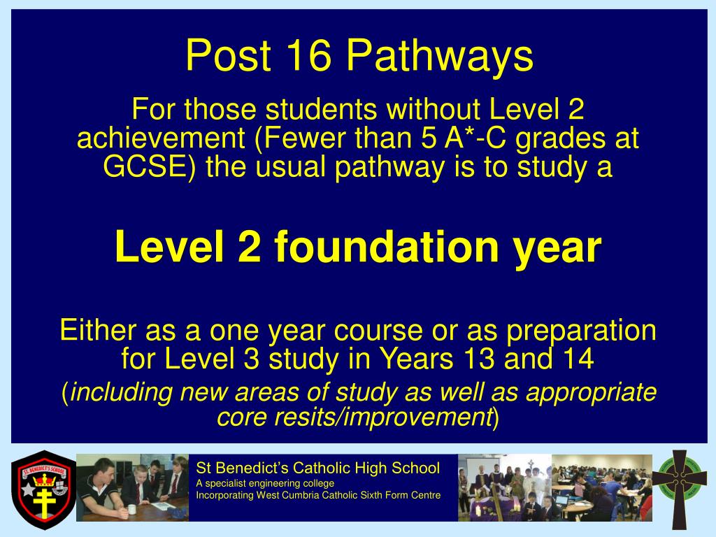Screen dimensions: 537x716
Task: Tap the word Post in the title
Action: click(228, 57)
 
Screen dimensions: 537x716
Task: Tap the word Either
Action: click(99, 330)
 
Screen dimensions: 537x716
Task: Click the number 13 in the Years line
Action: click(475, 359)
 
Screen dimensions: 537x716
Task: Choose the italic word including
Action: click(121, 392)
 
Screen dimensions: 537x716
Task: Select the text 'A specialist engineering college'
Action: click(265, 483)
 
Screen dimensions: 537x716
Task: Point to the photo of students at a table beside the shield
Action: click(132, 487)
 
